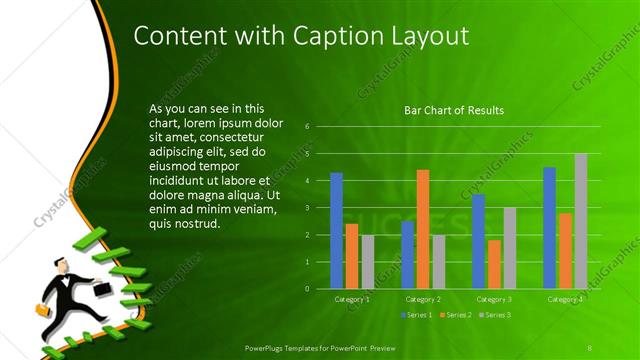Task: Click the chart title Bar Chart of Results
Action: pos(453,110)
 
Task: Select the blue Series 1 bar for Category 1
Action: pos(336,230)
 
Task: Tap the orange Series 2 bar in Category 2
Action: pos(422,229)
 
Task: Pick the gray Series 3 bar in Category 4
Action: pos(580,220)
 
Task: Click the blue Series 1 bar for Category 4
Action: pos(549,227)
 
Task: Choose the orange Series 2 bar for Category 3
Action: pos(493,264)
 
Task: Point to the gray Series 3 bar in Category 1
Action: pos(367,261)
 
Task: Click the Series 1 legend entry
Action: pos(417,315)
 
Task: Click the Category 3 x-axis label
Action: pos(493,299)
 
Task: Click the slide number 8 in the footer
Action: pos(590,347)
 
